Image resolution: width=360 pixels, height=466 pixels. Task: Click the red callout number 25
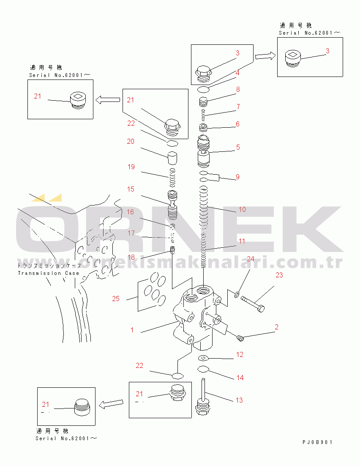pyautogui.click(x=116, y=299)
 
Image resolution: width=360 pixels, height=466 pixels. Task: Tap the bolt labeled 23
pyautogui.click(x=253, y=304)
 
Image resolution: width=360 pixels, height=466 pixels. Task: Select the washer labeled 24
pyautogui.click(x=237, y=295)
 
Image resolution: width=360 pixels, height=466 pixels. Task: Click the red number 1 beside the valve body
pyautogui.click(x=132, y=330)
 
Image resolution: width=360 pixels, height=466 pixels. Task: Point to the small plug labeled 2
pyautogui.click(x=240, y=337)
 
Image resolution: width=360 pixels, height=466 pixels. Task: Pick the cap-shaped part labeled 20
pyautogui.click(x=172, y=158)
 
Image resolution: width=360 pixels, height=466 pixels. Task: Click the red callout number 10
pyautogui.click(x=242, y=209)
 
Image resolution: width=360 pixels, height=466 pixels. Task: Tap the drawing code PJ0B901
pyautogui.click(x=317, y=442)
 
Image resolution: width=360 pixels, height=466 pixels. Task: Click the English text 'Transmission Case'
pyautogui.click(x=49, y=273)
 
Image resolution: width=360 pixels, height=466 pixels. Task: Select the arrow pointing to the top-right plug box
pyautogui.click(x=265, y=55)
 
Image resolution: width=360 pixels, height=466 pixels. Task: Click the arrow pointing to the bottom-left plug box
pyautogui.click(x=111, y=404)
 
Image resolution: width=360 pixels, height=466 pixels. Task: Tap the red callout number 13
pyautogui.click(x=240, y=400)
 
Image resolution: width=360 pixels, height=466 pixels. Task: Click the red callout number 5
pyautogui.click(x=238, y=147)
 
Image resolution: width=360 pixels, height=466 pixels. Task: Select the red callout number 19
pyautogui.click(x=131, y=167)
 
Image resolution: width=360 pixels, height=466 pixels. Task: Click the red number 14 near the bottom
pyautogui.click(x=240, y=378)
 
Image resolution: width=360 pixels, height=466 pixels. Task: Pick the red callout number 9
pyautogui.click(x=237, y=177)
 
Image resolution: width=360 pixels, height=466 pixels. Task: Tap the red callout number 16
pyautogui.click(x=131, y=212)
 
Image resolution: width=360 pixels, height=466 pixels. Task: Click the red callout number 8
pyautogui.click(x=238, y=89)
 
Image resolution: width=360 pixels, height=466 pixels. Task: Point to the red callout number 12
pyautogui.click(x=240, y=354)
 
